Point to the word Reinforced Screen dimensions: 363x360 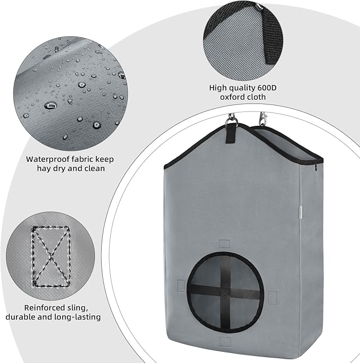pyautogui.click(x=45, y=307)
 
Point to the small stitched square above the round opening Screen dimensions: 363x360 pyautogui.click(x=224, y=244)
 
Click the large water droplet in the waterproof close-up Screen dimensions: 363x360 pyautogui.click(x=51, y=105)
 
